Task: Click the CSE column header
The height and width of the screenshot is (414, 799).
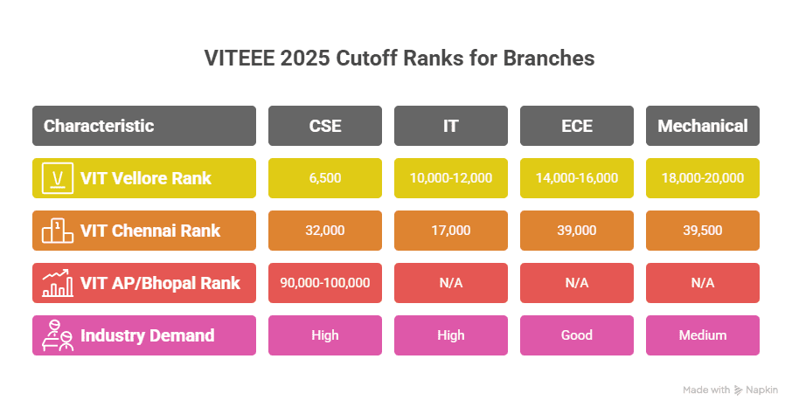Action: pos(325,126)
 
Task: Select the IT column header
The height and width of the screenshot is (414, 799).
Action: pos(451,126)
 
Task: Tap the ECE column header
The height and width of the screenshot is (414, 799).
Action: pos(577,126)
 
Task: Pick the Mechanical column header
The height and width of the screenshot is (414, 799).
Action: pos(703,126)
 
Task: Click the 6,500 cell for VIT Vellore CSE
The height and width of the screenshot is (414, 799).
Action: pos(325,178)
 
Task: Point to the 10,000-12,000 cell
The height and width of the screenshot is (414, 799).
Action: pos(451,178)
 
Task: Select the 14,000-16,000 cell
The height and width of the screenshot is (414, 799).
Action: pos(577,178)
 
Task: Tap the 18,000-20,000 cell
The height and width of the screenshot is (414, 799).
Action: pos(703,178)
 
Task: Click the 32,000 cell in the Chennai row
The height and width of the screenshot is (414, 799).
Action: pos(325,231)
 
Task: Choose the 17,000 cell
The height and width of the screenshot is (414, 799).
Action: pos(451,231)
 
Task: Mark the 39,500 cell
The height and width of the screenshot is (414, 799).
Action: pos(703,231)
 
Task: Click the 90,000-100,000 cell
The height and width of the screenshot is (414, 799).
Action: pos(325,283)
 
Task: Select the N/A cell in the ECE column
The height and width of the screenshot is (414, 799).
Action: pos(577,283)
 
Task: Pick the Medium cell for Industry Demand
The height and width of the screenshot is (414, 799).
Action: pos(703,335)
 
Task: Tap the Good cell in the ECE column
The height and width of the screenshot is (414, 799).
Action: pos(577,335)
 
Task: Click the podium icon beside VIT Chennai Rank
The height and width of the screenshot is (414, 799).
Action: pos(58,231)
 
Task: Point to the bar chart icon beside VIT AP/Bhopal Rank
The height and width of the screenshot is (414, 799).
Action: pos(58,283)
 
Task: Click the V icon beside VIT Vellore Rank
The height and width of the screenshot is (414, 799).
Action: pos(58,178)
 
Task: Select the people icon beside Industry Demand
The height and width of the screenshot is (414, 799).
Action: pos(58,335)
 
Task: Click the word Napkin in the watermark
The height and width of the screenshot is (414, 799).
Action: pos(761,390)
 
